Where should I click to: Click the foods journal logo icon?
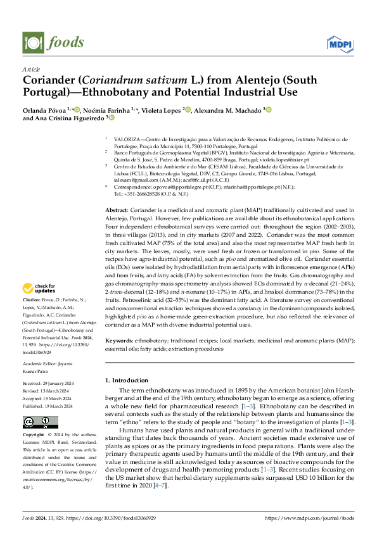coord(32,42)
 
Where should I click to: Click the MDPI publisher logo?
coord(340,43)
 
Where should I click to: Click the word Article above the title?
coord(31,69)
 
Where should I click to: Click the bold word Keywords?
coord(118,340)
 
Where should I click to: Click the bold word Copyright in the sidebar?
coord(34,436)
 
